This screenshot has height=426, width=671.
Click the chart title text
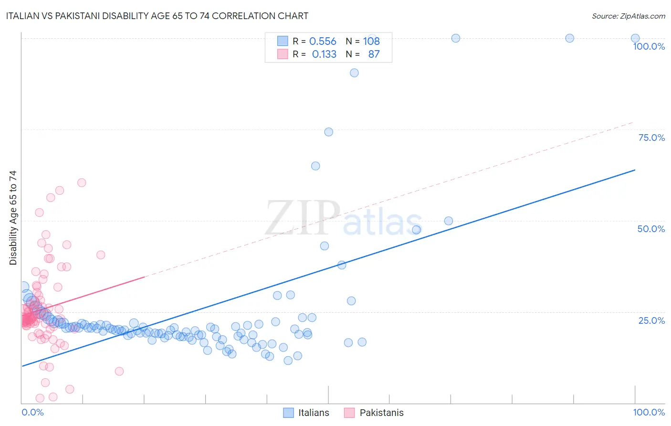click(157, 16)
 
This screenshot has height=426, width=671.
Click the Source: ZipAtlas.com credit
click(628, 16)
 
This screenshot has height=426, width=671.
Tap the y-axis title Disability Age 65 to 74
click(13, 218)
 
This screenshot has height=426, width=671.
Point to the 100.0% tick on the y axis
click(649, 46)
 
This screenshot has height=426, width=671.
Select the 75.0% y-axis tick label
click(651, 138)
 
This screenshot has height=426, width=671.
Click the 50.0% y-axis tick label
click(651, 229)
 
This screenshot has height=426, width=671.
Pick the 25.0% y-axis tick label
click(651, 320)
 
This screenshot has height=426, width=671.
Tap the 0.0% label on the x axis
click(32, 412)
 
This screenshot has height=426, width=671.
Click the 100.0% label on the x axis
click(649, 412)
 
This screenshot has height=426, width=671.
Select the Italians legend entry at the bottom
click(306, 413)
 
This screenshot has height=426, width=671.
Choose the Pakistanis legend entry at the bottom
click(374, 413)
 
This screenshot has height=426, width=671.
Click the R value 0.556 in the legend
click(323, 41)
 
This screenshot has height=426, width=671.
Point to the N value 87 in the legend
click(374, 54)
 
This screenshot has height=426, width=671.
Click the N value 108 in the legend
click(371, 41)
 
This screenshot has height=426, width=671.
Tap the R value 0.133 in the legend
click(324, 54)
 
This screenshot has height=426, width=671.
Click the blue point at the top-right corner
click(635, 38)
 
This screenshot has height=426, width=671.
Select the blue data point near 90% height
click(354, 73)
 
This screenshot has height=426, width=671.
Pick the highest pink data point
click(82, 182)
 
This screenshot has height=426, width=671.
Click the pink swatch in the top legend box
click(283, 54)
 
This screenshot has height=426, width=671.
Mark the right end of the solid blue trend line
click(635, 170)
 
